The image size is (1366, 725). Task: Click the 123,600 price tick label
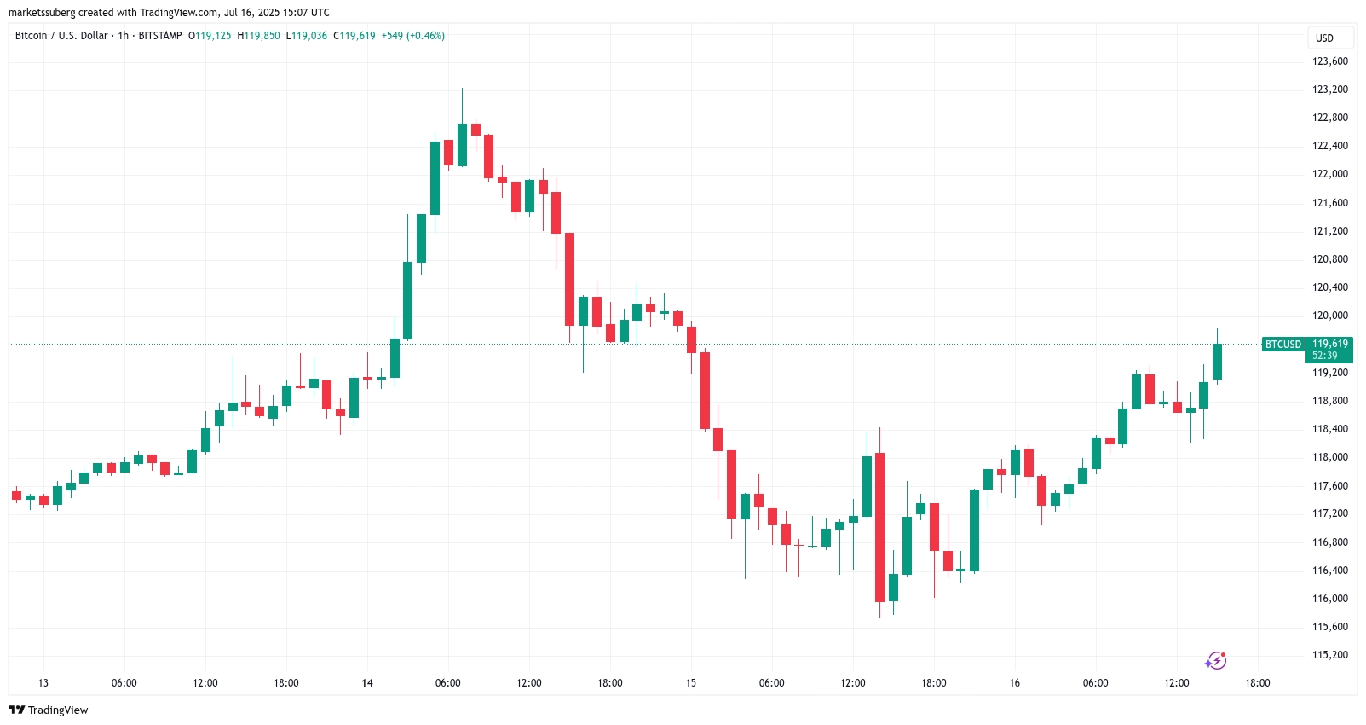coord(1329,61)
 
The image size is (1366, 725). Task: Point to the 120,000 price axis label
coord(1329,316)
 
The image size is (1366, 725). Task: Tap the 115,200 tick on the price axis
coord(1329,655)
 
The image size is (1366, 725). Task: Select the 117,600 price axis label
coord(1329,486)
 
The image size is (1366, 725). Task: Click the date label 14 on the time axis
coord(367,683)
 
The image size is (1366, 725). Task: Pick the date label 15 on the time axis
coord(691,683)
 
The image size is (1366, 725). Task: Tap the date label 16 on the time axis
coord(1015,683)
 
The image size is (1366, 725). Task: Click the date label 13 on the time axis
coord(43,683)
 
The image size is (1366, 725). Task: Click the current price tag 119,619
coord(1329,345)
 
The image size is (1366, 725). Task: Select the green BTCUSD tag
coord(1282,345)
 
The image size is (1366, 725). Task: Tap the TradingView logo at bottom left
coord(49,710)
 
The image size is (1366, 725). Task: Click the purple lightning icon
coord(1215,661)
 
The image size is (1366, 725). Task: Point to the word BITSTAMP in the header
coord(160,36)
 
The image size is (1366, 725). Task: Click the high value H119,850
coord(258,36)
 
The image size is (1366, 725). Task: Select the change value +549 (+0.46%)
coord(412,36)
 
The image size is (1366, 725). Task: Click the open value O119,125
coord(210,36)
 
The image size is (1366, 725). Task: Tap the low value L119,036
coord(307,36)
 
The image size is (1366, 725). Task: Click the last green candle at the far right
coord(1217,362)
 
